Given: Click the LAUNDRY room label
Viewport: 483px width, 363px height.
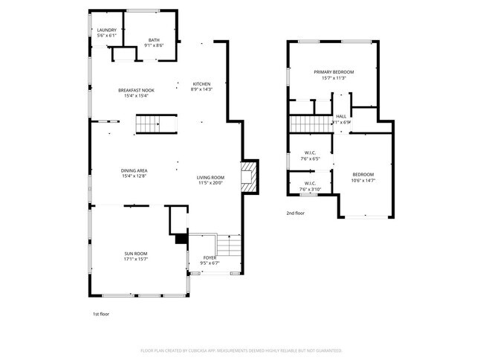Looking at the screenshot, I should (x=106, y=30).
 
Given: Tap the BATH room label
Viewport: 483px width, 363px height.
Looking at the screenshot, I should (x=154, y=40).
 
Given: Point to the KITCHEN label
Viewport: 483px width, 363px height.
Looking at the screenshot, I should (x=202, y=83).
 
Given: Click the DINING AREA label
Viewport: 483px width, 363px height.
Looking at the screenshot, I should (x=134, y=171).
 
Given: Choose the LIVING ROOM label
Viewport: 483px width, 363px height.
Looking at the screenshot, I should (x=210, y=177).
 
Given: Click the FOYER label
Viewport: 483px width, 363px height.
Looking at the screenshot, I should (x=210, y=257).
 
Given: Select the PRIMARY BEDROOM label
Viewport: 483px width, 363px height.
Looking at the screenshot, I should (x=333, y=72).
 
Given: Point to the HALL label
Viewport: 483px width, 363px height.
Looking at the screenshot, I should (x=341, y=116).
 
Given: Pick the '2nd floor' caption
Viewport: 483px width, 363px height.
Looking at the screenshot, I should (x=296, y=213).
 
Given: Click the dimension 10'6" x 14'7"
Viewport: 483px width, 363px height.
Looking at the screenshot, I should (x=363, y=180).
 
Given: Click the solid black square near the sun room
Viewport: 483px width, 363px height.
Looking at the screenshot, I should (x=180, y=239).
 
